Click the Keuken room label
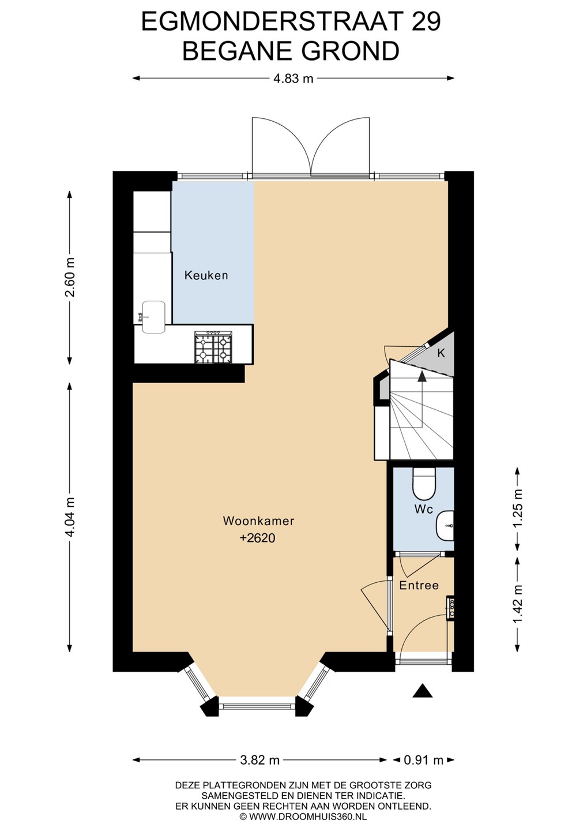(206, 275)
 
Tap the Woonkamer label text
(258, 521)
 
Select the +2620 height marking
(258, 538)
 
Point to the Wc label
(424, 510)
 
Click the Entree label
(419, 585)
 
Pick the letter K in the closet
(441, 353)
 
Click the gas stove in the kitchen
(213, 347)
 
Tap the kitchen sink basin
(153, 316)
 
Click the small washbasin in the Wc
(445, 526)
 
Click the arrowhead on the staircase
(422, 376)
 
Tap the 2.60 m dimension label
(70, 277)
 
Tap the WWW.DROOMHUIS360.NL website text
(308, 817)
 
